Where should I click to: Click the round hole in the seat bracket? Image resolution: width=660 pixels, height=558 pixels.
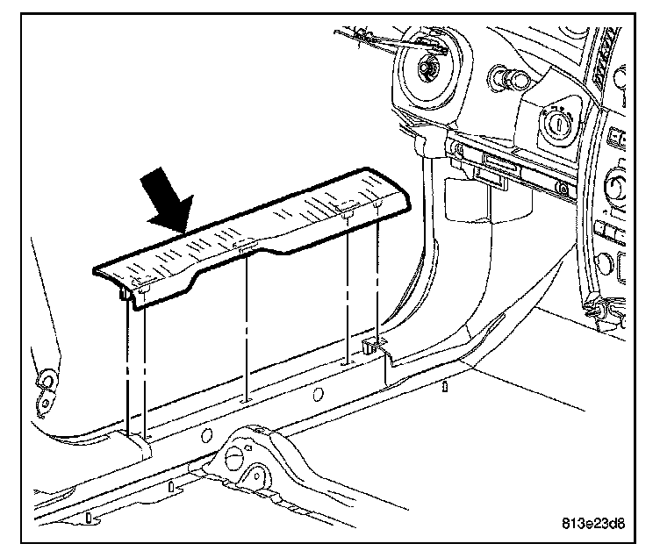click(x=237, y=457)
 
